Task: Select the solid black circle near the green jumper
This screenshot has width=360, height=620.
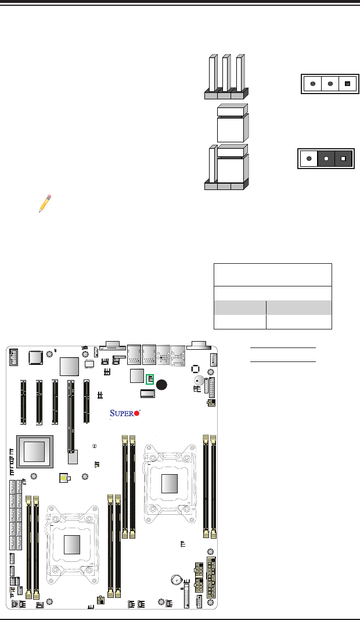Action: (163, 384)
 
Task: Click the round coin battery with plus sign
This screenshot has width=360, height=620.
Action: (178, 579)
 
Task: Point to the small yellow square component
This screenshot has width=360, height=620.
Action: (64, 478)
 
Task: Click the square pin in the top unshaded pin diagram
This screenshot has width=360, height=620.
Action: (347, 84)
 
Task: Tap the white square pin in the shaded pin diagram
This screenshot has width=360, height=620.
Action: (344, 158)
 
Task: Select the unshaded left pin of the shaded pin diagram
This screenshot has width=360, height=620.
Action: (309, 158)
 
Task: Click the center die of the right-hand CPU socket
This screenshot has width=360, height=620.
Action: (170, 483)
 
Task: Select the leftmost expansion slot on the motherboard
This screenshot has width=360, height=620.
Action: (24, 402)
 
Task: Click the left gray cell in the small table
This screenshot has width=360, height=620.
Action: (240, 308)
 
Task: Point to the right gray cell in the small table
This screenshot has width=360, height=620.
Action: (298, 308)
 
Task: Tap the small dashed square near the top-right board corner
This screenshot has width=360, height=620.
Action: (196, 368)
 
